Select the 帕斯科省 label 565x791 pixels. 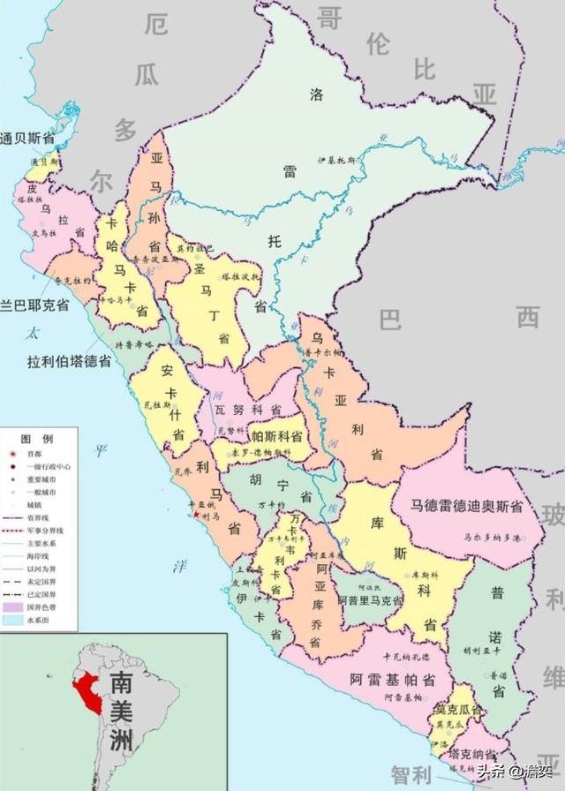[x=277, y=436]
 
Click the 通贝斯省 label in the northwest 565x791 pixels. [x=27, y=138]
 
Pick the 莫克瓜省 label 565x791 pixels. [x=459, y=709]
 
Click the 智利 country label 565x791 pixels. [x=413, y=775]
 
